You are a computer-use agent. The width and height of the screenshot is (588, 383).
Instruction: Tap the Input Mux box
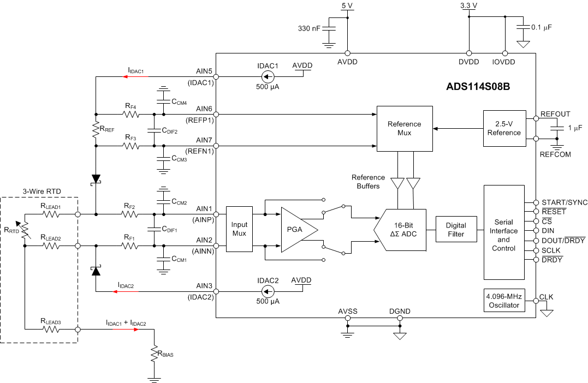pos(239,229)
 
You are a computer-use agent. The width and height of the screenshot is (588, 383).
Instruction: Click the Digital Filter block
pos(456,230)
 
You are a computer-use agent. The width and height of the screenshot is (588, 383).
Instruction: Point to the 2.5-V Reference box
pos(504,128)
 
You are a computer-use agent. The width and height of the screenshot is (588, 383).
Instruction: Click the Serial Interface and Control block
pos(503,232)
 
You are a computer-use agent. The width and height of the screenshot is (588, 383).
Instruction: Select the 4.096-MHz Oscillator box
pos(503,301)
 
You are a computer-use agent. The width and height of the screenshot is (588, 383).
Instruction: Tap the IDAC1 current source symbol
pos(268,77)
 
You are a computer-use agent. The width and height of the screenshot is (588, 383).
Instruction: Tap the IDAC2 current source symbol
pos(268,291)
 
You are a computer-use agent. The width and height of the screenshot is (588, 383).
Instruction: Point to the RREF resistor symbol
pos(96,129)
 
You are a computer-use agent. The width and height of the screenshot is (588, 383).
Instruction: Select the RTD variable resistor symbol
pos(25,230)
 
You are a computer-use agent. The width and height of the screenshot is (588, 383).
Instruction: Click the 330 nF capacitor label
pos(309,28)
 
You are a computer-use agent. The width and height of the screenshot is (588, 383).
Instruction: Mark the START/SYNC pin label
pos(563,202)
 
